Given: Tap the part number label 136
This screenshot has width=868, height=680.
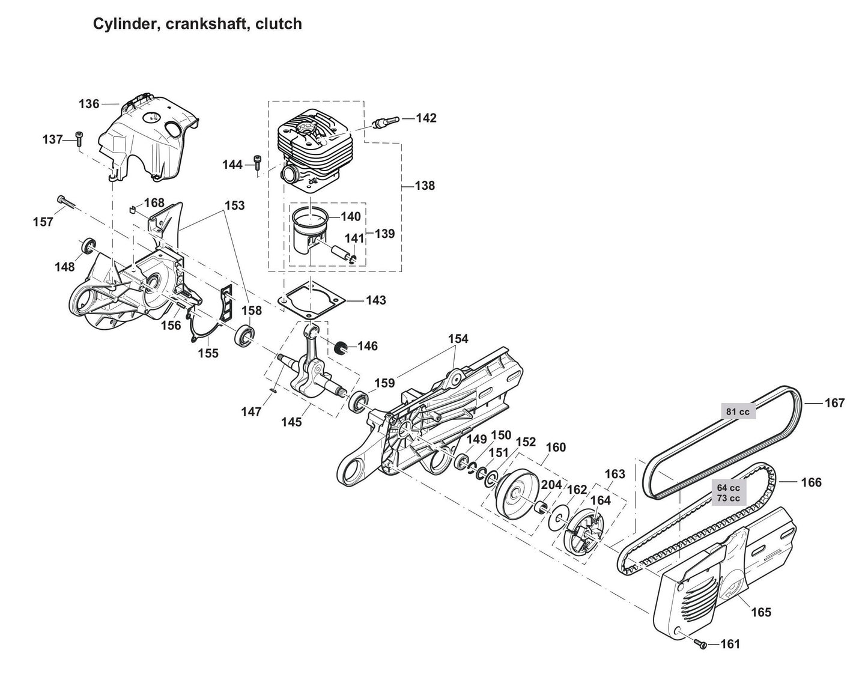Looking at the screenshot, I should (x=89, y=104).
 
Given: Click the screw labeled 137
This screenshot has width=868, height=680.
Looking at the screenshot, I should (x=79, y=139).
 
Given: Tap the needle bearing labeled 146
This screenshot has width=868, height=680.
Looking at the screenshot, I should (x=341, y=347).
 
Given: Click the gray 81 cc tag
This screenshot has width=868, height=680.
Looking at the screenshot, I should (x=737, y=411).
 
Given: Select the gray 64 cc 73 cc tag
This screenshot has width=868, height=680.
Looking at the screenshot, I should (x=728, y=493).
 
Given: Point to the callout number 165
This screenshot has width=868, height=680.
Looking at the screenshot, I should (x=761, y=612).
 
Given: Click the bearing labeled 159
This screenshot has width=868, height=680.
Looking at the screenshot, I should (x=359, y=401).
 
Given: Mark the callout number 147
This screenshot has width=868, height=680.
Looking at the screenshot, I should (x=251, y=411).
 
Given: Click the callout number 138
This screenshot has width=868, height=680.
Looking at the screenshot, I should (x=425, y=186).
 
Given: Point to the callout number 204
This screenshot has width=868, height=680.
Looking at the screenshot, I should (x=551, y=484).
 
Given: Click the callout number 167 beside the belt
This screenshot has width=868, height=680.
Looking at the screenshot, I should (x=834, y=403).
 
